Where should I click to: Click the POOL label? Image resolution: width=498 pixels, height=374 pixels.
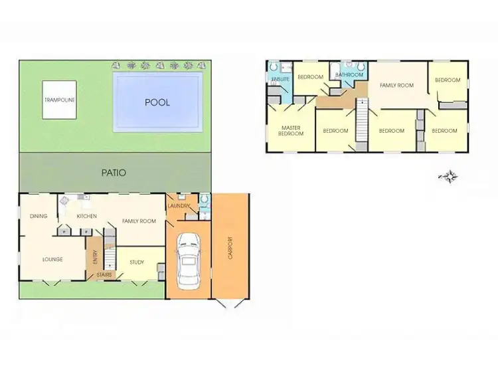tap(157, 102)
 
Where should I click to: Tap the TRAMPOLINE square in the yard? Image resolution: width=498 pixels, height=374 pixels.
tap(60, 100)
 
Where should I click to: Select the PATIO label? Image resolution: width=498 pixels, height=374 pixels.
tap(114, 173)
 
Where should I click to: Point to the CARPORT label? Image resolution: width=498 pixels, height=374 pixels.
tap(230, 247)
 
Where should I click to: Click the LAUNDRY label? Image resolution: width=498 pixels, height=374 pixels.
tap(179, 205)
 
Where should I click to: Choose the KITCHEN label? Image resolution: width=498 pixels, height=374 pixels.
tap(87, 216)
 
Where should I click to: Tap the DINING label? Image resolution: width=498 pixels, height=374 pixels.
tap(38, 216)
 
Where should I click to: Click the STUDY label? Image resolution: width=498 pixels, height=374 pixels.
tap(137, 262)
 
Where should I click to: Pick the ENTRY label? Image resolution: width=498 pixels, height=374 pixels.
tap(94, 256)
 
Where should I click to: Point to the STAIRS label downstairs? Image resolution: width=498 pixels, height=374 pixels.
tap(104, 274)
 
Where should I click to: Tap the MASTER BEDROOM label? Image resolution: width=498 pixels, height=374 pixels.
tap(292, 130)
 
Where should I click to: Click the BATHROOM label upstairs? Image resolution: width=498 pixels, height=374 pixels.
tap(349, 75)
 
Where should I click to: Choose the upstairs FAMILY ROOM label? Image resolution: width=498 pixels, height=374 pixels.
tap(396, 85)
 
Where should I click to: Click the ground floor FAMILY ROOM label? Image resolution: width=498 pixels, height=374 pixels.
tap(138, 221)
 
